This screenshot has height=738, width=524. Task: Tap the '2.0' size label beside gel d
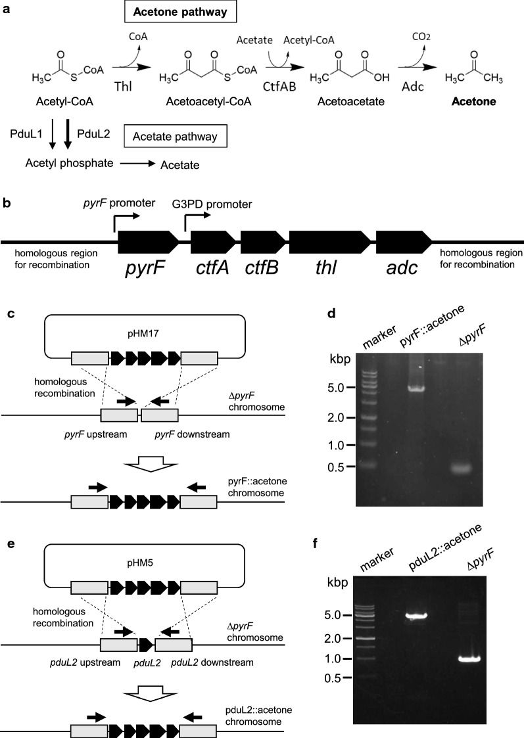click(x=338, y=417)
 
